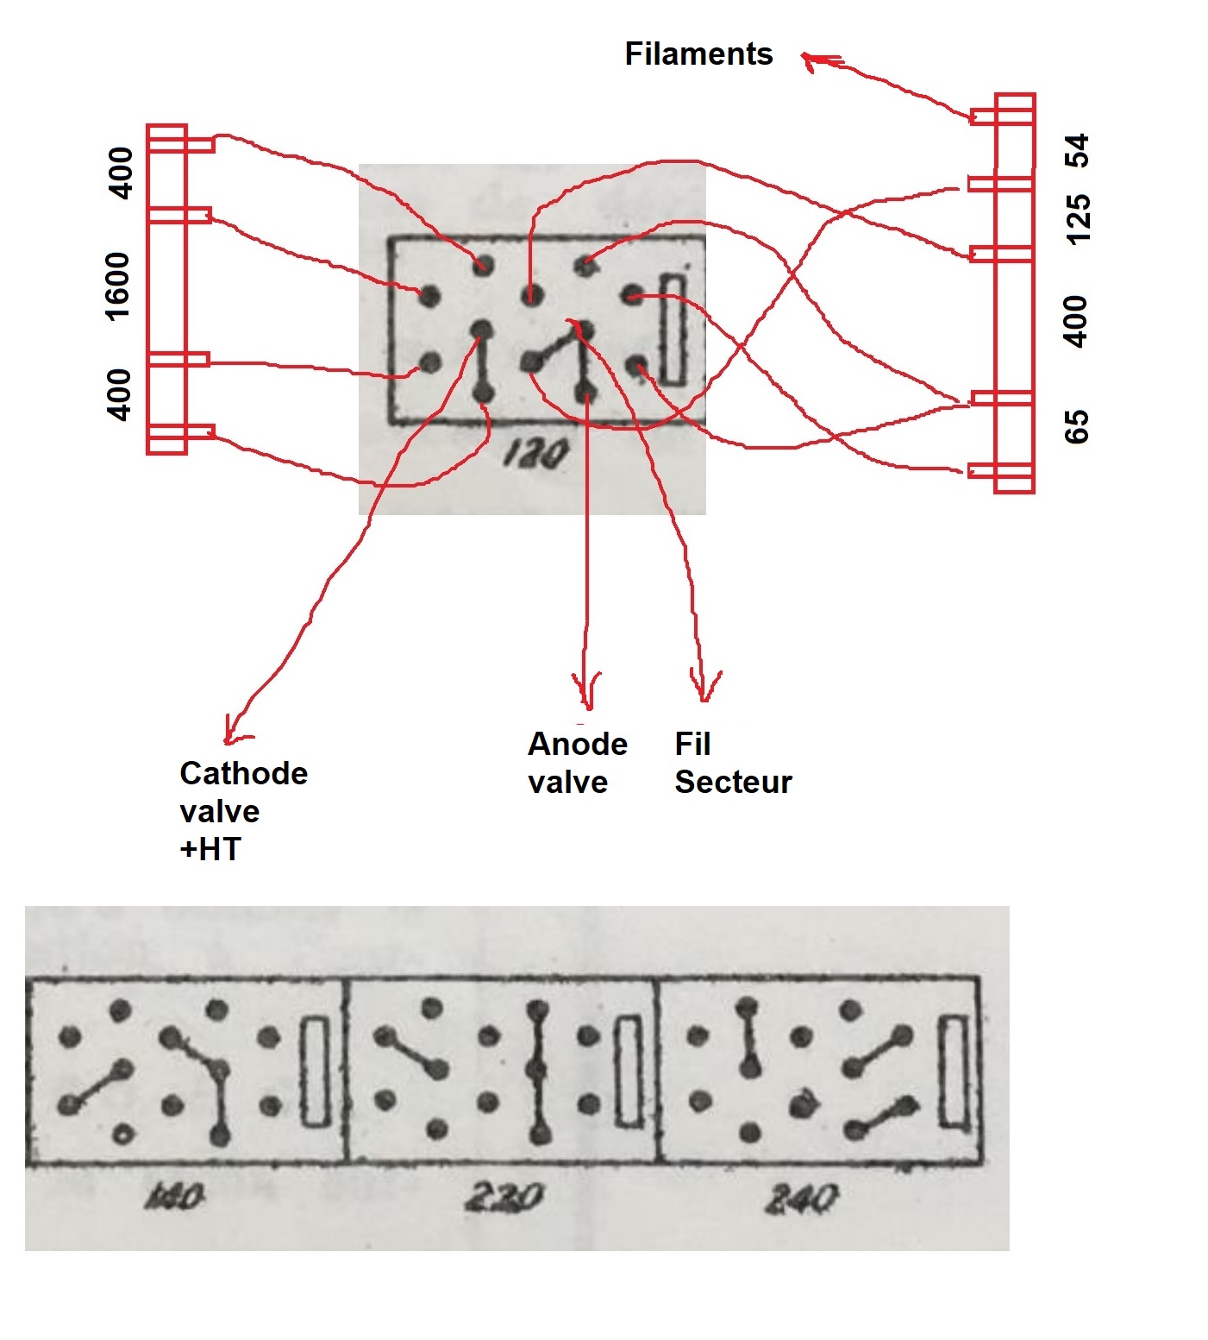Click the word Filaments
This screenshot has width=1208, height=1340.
click(x=698, y=54)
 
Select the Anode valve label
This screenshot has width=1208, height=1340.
click(x=577, y=763)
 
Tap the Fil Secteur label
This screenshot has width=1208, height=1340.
click(x=732, y=763)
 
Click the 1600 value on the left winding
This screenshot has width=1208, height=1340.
click(x=117, y=286)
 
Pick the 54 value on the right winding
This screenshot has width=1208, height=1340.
click(x=1077, y=151)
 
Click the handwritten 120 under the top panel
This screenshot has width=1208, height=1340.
click(x=536, y=452)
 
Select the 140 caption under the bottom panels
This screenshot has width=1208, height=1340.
click(x=175, y=1197)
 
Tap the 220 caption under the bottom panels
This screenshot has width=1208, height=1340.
click(x=504, y=1197)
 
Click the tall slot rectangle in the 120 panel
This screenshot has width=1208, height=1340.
click(x=673, y=329)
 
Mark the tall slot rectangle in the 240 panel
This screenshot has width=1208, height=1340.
click(x=953, y=1072)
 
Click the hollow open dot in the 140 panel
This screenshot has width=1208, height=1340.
click(x=122, y=1135)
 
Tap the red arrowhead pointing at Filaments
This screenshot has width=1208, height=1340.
click(x=811, y=60)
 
